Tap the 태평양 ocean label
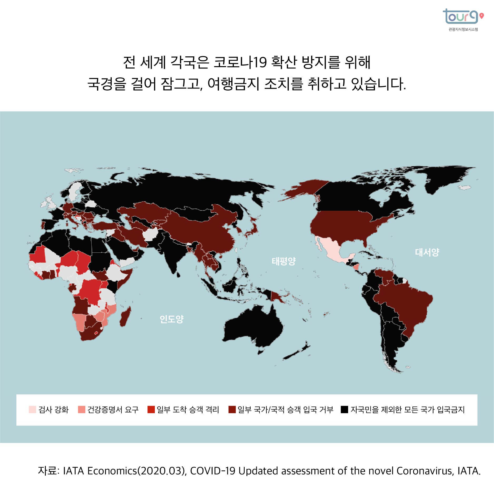tap(284, 261)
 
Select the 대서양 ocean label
tap(427, 252)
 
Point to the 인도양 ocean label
tap(171, 319)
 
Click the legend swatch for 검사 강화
tap(32, 410)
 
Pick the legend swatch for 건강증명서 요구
tap(81, 410)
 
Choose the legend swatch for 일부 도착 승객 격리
tap(151, 410)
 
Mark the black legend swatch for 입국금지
tap(344, 410)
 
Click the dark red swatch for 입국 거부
tap(232, 410)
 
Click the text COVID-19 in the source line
tap(212, 471)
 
